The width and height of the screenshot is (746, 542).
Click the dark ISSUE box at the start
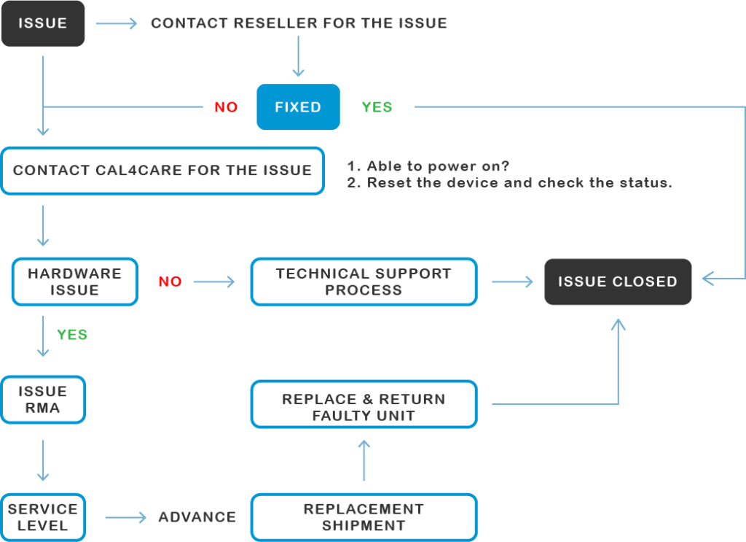tap(43, 23)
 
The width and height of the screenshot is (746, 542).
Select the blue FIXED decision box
tap(298, 107)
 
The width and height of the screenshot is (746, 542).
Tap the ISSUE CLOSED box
tap(618, 282)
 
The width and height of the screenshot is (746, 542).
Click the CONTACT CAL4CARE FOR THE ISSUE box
tap(162, 171)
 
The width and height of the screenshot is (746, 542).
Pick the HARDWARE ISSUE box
tap(74, 282)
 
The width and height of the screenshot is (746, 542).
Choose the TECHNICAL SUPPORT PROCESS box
tap(364, 282)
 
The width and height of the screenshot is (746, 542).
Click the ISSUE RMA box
tap(43, 399)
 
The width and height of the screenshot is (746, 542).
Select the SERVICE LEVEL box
tap(43, 517)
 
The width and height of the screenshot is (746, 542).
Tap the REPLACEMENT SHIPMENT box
tap(364, 517)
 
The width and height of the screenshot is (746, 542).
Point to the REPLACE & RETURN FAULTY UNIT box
tap(364, 407)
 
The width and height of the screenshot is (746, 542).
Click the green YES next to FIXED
tap(377, 107)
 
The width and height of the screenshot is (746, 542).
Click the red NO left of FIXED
tap(226, 107)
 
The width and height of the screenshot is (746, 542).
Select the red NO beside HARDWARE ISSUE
tap(170, 282)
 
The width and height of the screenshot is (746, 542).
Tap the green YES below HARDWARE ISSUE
tap(72, 335)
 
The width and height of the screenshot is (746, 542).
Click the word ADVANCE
tap(197, 517)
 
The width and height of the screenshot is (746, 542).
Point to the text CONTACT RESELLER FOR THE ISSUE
tap(299, 23)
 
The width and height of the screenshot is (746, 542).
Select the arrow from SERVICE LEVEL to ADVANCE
tap(125, 518)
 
